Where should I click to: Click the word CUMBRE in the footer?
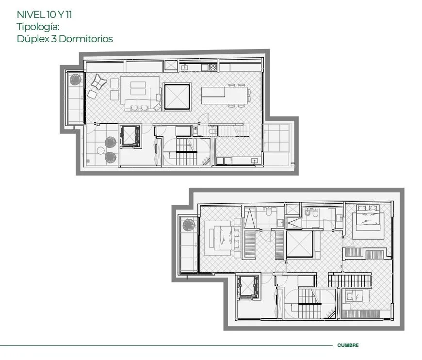coord(348,345)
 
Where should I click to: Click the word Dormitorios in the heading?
coord(85,39)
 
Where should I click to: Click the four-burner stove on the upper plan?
coord(213,67)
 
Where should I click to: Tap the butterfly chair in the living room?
coord(99,82)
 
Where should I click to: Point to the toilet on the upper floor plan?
coord(213,131)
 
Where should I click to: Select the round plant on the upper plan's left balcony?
coord(76,80)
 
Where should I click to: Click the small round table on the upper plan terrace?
coord(101,150)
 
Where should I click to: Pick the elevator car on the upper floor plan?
coord(130,136)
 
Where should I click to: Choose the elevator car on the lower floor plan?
coord(248,287)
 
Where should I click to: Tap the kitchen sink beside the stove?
coord(185,67)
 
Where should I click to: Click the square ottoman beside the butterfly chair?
coord(92,95)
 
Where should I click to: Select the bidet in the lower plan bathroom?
coord(308,213)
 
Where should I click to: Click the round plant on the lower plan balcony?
coord(189,225)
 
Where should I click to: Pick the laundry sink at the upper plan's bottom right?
coord(254,161)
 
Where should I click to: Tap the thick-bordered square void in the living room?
coord(177,97)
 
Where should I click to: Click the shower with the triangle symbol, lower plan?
coord(249,217)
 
